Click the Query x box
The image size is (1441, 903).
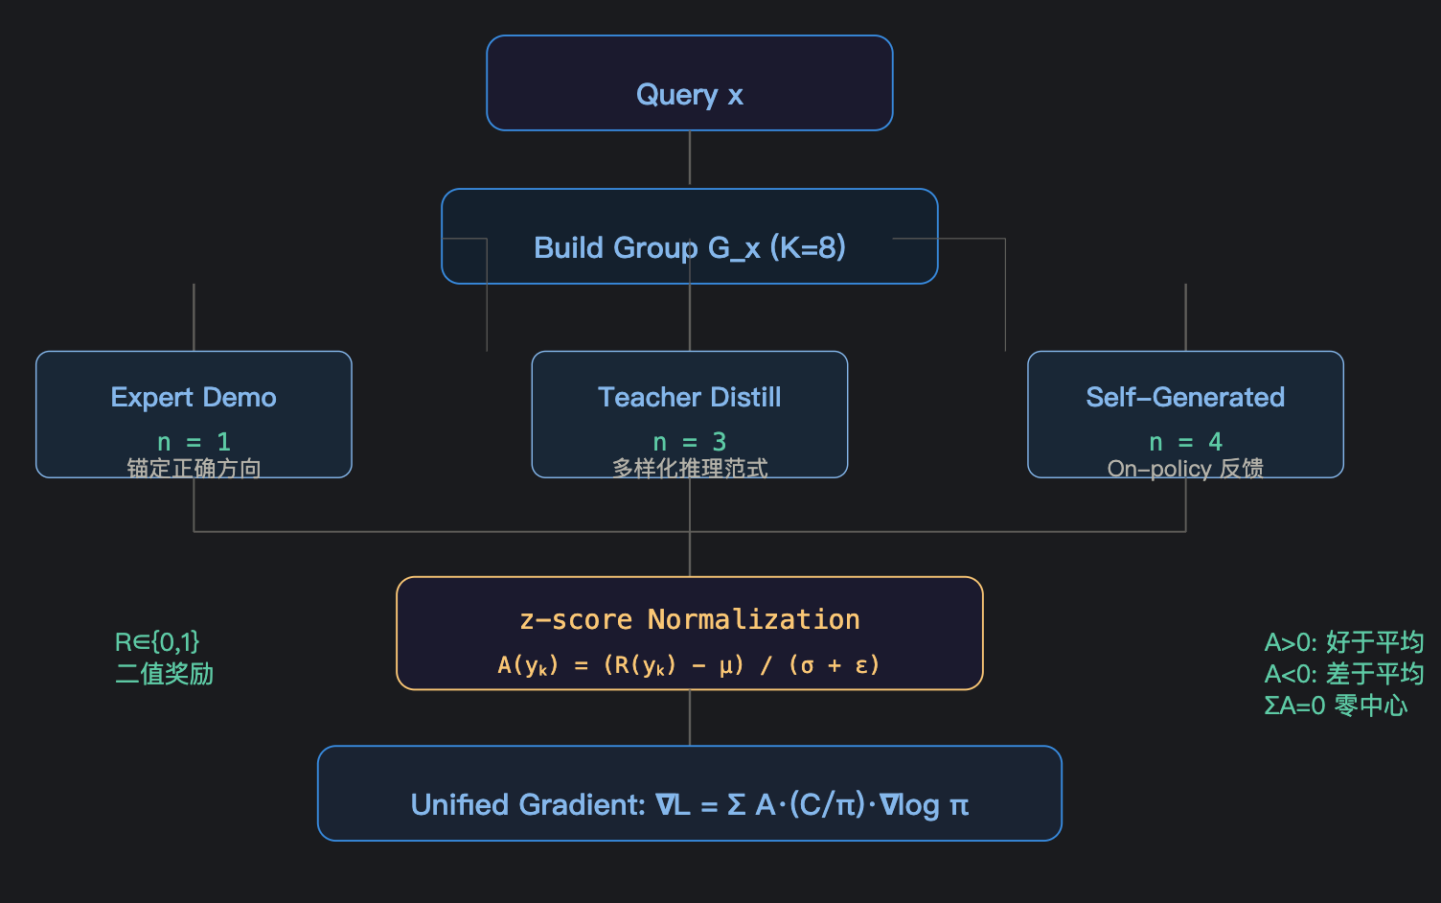point(690,83)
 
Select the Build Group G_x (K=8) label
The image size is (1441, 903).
point(690,247)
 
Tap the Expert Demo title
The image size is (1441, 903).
point(194,398)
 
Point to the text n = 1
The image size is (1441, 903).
point(194,442)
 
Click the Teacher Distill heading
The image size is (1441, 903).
point(690,397)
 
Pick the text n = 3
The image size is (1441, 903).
point(690,442)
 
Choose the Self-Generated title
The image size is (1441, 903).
point(1185,397)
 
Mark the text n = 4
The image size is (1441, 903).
point(1185,442)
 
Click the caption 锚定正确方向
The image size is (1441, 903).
point(194,469)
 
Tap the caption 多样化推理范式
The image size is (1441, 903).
point(690,469)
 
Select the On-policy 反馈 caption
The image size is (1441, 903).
point(1185,469)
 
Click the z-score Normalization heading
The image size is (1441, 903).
point(690,620)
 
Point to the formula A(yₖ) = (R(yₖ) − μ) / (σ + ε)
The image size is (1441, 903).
point(689,665)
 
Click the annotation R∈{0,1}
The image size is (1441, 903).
point(157,642)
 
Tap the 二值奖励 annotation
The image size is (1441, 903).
point(165,674)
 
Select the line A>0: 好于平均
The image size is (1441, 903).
point(1344,642)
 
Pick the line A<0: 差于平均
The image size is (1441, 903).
point(1344,674)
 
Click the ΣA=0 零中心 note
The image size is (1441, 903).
point(1337,706)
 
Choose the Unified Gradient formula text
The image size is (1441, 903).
point(690,805)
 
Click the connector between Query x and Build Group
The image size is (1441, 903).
point(690,158)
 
